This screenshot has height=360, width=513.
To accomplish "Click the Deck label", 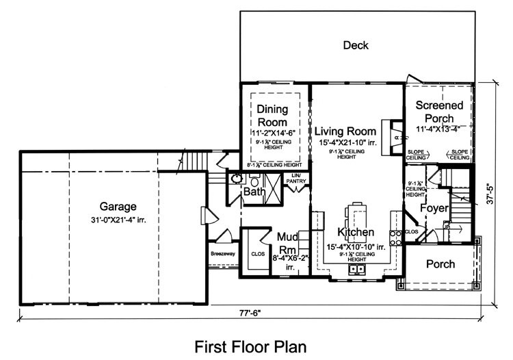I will pyautogui.click(x=356, y=46).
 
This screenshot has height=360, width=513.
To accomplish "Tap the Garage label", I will pyautogui.click(x=118, y=206).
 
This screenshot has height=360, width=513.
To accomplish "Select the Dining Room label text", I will pyautogui.click(x=273, y=115).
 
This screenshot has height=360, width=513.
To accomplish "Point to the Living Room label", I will pyautogui.click(x=345, y=131).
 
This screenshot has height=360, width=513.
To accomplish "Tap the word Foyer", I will pyautogui.click(x=434, y=208).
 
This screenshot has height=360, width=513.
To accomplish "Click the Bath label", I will pyautogui.click(x=254, y=192).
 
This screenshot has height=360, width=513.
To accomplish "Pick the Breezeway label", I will pyautogui.click(x=222, y=253).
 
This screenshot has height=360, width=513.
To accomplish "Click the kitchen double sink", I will pyautogui.click(x=356, y=269).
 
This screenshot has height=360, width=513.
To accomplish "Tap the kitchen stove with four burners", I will pyautogui.click(x=395, y=237).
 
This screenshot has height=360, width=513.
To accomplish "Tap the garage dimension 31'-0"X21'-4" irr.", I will pyautogui.click(x=118, y=220).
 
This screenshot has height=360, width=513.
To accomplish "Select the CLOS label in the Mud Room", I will pyautogui.click(x=257, y=253).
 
